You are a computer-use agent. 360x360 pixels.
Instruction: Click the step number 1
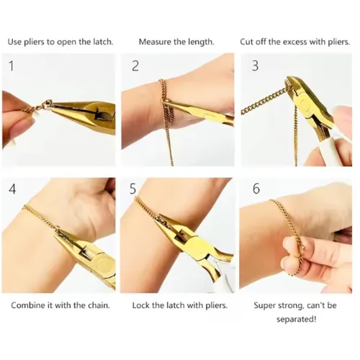click(x=11, y=66)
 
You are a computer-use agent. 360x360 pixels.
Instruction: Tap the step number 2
click(x=135, y=66)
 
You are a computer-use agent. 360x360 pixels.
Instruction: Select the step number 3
click(x=255, y=66)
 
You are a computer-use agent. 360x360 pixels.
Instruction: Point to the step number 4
click(x=12, y=191)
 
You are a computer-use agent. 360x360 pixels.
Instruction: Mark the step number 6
click(x=256, y=191)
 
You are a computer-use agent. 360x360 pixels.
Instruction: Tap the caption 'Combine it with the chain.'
click(x=60, y=305)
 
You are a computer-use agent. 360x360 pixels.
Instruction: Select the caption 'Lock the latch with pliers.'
click(x=180, y=305)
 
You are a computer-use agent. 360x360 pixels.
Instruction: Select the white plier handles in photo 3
click(x=338, y=137)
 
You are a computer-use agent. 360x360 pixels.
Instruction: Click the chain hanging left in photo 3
click(x=263, y=108)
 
